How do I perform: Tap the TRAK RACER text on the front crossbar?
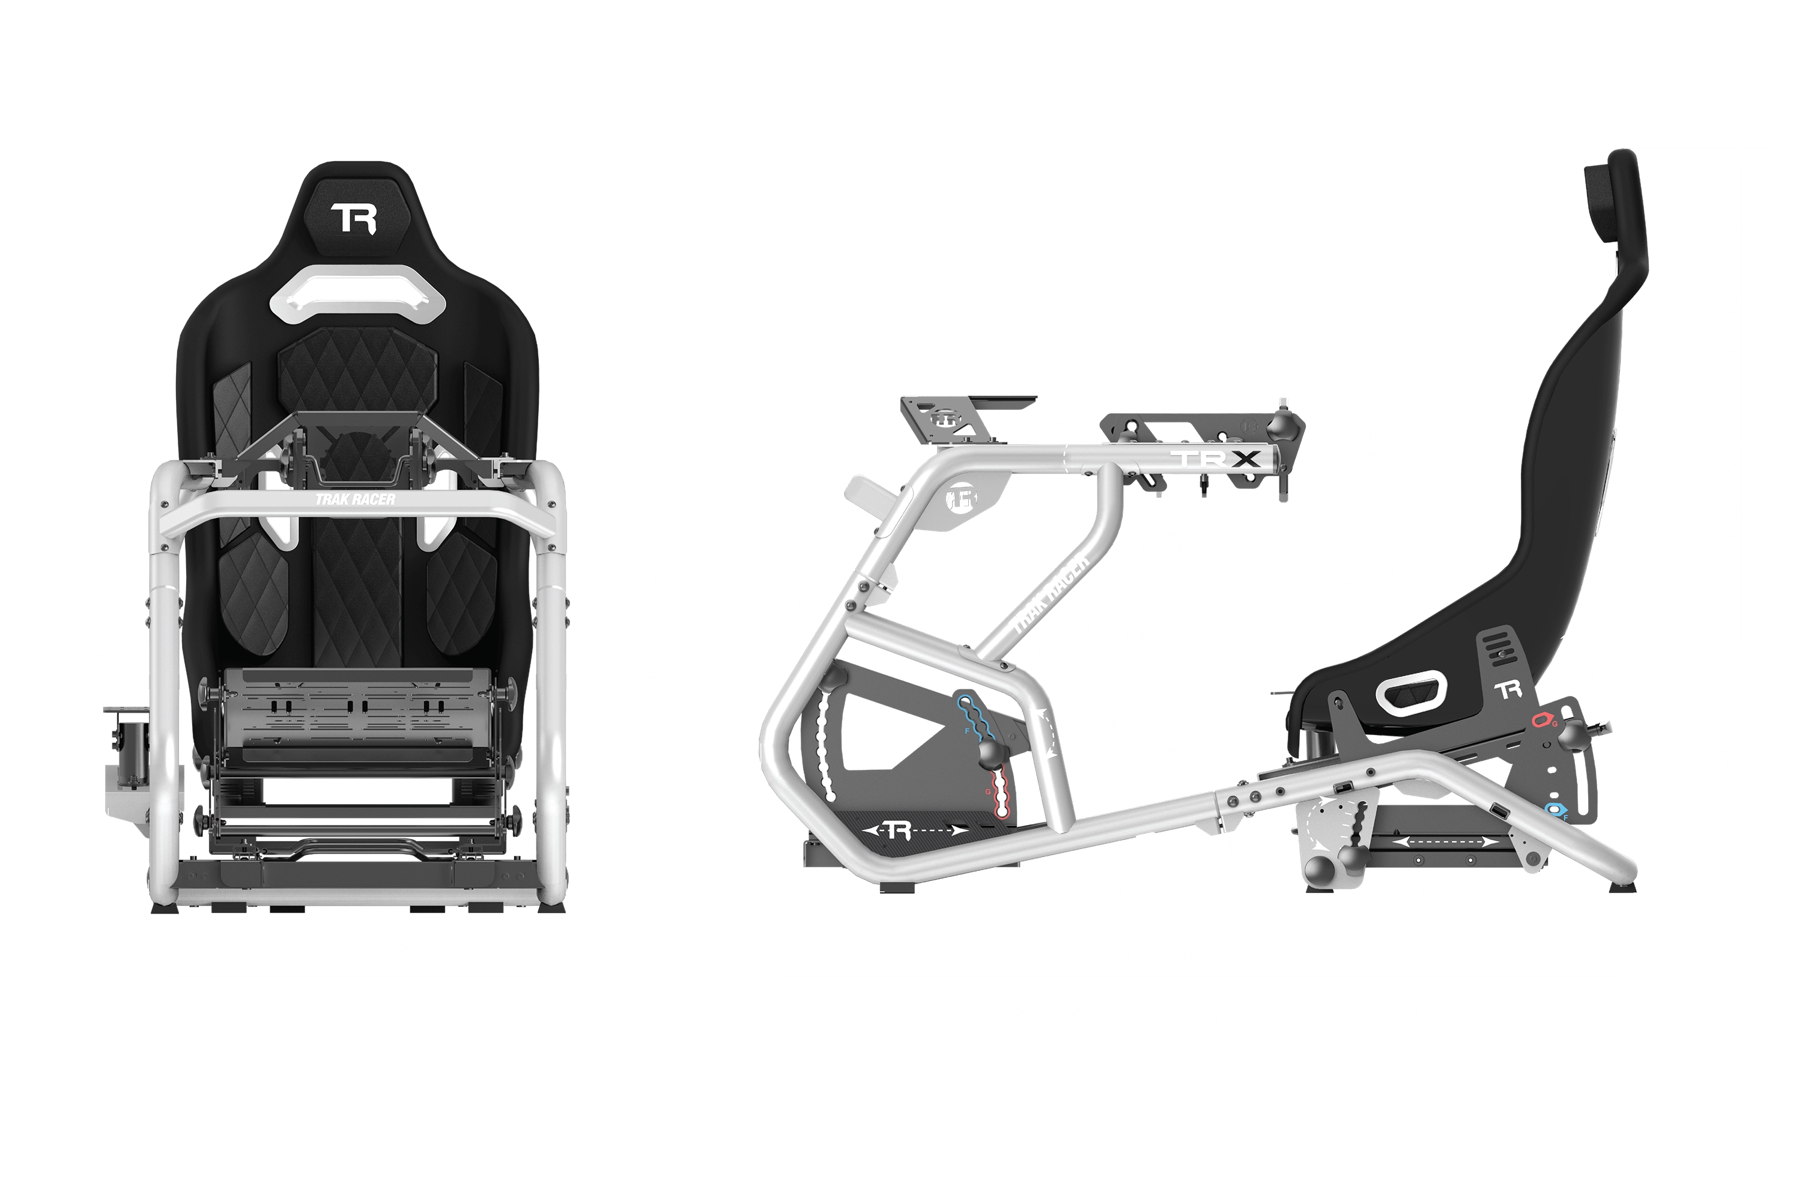pos(356,499)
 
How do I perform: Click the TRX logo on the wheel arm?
pos(1218,459)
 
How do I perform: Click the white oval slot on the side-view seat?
pos(1410,692)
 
